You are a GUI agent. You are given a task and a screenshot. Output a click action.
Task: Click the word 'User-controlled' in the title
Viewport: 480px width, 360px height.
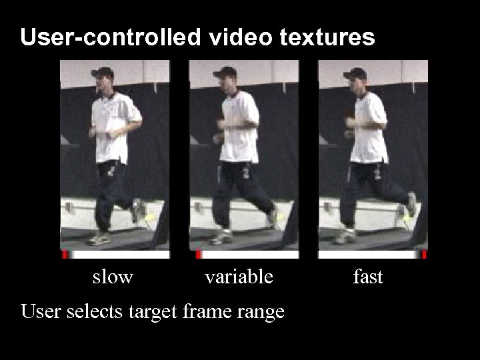[109, 37]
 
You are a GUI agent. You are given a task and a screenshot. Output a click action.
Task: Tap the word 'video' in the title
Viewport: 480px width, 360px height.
[239, 37]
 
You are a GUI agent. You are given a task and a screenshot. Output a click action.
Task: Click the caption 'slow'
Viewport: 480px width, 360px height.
[113, 276]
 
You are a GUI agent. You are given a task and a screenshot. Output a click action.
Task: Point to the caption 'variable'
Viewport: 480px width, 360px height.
[239, 276]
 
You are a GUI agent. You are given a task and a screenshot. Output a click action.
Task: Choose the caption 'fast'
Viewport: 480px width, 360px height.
[367, 276]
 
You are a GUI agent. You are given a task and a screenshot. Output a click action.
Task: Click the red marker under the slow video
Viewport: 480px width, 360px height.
[65, 255]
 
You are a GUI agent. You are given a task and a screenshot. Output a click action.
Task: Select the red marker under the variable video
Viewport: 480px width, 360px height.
[198, 255]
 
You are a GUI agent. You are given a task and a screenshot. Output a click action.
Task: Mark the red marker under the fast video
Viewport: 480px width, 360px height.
[424, 255]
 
